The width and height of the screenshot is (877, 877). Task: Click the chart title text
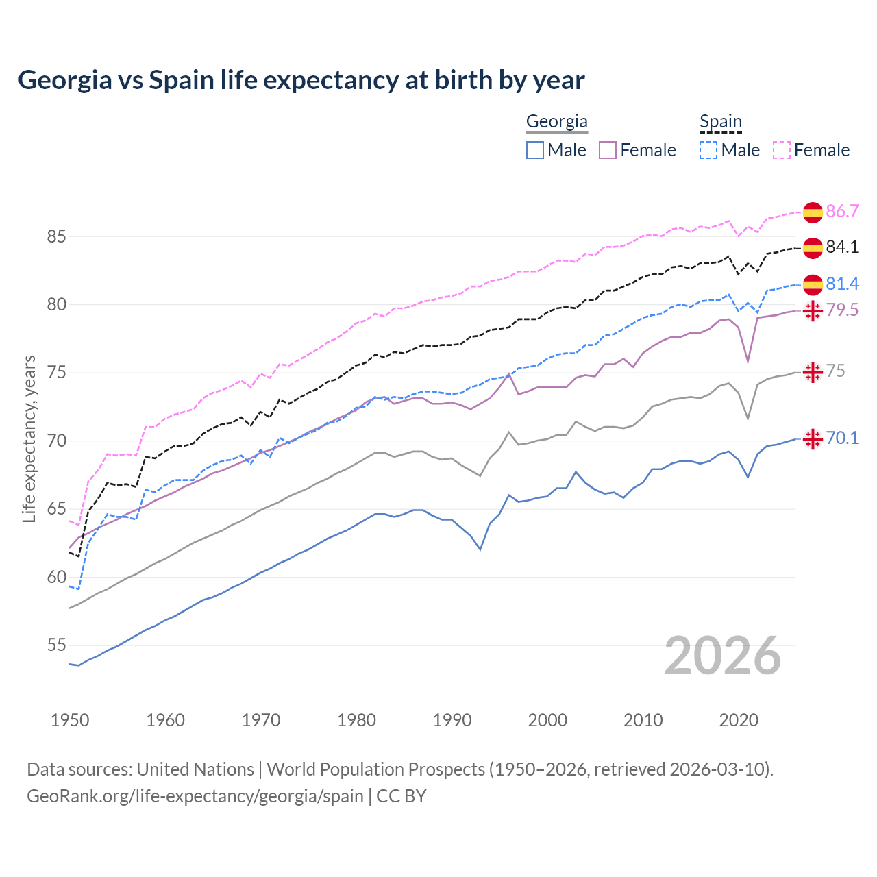point(301,80)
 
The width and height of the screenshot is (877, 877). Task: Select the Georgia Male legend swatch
point(535,150)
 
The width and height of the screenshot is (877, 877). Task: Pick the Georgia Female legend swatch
point(608,150)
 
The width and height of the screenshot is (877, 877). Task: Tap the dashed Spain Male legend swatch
point(708,150)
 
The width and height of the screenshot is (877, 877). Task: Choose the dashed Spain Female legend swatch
point(782,150)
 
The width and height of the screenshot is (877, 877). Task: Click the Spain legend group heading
point(720,122)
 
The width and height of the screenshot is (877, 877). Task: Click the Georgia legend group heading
point(556,122)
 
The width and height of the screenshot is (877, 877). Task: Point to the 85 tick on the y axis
point(56,237)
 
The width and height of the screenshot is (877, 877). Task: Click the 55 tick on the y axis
point(56,645)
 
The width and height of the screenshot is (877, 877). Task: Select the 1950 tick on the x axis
point(70,720)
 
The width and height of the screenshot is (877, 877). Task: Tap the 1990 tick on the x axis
point(452,720)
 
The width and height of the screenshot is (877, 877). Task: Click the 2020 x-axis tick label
point(739,720)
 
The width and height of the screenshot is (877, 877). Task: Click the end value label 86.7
point(842,211)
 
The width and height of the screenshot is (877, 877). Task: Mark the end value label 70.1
point(842,438)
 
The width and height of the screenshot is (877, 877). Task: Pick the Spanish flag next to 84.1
point(813,247)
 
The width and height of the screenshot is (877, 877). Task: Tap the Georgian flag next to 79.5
point(813,310)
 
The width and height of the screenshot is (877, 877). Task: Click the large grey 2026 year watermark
point(722,656)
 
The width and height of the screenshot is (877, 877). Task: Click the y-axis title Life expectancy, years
point(29,438)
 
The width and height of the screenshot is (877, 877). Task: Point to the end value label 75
point(835,371)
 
